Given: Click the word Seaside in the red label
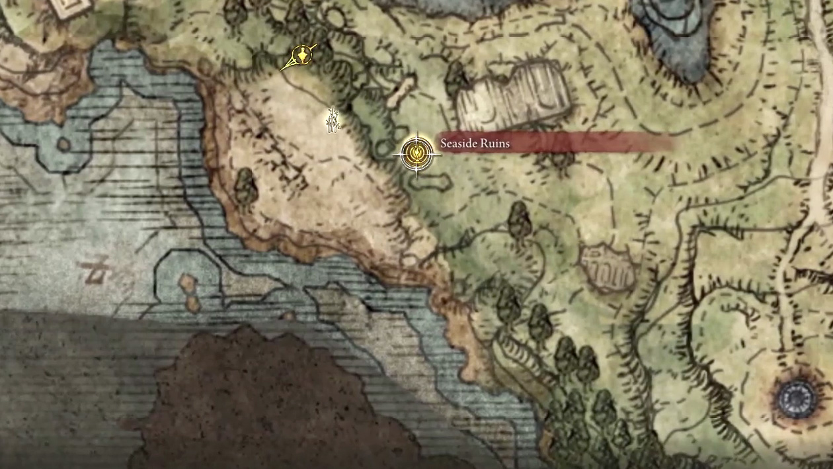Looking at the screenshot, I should pos(461,143).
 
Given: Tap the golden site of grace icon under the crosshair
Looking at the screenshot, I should pos(416,153).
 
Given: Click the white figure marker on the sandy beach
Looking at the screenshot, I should pos(333,120).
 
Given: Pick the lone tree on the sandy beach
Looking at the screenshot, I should pos(245,186).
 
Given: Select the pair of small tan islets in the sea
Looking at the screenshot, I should pos(189,293).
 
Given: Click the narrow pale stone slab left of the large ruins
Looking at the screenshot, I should pos(402,91).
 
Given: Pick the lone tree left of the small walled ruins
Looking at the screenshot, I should pos(518,219).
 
